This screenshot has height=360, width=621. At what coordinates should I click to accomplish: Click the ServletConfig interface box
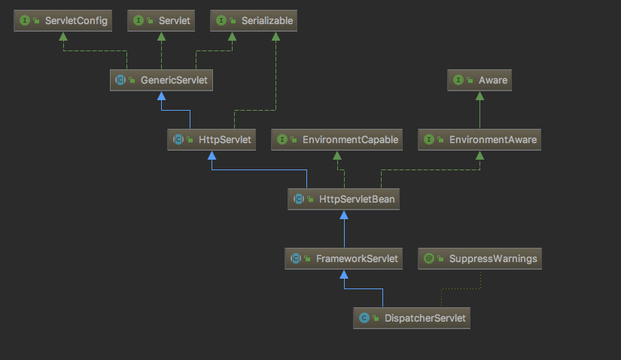tap(62, 21)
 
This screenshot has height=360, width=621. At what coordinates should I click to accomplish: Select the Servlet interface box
tap(161, 21)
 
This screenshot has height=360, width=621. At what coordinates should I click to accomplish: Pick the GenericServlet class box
tap(161, 80)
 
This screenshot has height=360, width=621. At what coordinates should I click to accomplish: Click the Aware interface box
tap(479, 80)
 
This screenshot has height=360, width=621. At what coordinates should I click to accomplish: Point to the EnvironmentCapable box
tap(336, 139)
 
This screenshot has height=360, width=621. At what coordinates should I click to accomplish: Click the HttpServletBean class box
tap(344, 199)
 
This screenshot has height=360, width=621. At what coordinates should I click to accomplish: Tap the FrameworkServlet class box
tap(343, 258)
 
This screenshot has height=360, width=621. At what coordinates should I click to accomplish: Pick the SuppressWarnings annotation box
tap(481, 258)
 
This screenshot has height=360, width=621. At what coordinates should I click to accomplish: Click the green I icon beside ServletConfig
tap(25, 21)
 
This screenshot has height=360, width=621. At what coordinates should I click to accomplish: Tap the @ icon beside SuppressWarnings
tap(429, 258)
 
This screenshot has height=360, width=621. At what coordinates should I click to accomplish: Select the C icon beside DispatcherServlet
tap(364, 318)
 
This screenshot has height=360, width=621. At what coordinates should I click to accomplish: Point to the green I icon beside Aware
tap(458, 80)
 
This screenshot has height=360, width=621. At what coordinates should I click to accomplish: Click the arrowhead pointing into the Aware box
tap(479, 96)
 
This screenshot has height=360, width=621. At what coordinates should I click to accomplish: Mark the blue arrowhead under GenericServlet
tap(161, 96)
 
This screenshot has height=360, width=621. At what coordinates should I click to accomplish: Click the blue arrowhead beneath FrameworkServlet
tap(344, 275)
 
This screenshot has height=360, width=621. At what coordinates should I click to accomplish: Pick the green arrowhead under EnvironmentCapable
tap(336, 156)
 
